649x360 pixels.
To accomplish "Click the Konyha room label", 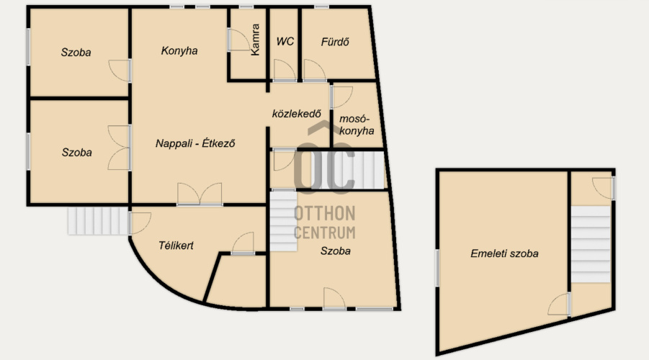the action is [x=179, y=51].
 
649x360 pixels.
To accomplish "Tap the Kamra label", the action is [x=255, y=40].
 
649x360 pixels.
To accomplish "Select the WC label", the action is [x=285, y=41].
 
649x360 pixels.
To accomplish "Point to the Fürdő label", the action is [x=335, y=42].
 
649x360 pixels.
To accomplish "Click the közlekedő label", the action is [x=296, y=114].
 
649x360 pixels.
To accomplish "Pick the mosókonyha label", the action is [x=357, y=125].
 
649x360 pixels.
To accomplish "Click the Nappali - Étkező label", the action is [x=195, y=143].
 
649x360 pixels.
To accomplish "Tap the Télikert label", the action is [x=176, y=246].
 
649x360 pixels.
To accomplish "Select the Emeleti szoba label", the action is [x=504, y=253].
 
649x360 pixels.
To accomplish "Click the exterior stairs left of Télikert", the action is [x=98, y=221].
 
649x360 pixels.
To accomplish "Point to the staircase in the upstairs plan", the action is [x=591, y=244].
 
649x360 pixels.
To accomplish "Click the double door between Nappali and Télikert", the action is [x=200, y=194].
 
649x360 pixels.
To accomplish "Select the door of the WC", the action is [x=284, y=70].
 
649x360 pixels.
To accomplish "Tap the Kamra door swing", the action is [x=239, y=40].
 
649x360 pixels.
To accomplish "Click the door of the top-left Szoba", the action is [x=120, y=71].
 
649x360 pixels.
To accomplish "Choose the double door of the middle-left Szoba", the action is [x=119, y=148].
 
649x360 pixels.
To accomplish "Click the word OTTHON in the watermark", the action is [x=324, y=214].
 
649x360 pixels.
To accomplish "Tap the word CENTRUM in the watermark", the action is [x=324, y=233].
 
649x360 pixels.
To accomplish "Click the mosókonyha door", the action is [x=341, y=96].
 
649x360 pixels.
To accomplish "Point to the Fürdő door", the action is [x=315, y=70].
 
